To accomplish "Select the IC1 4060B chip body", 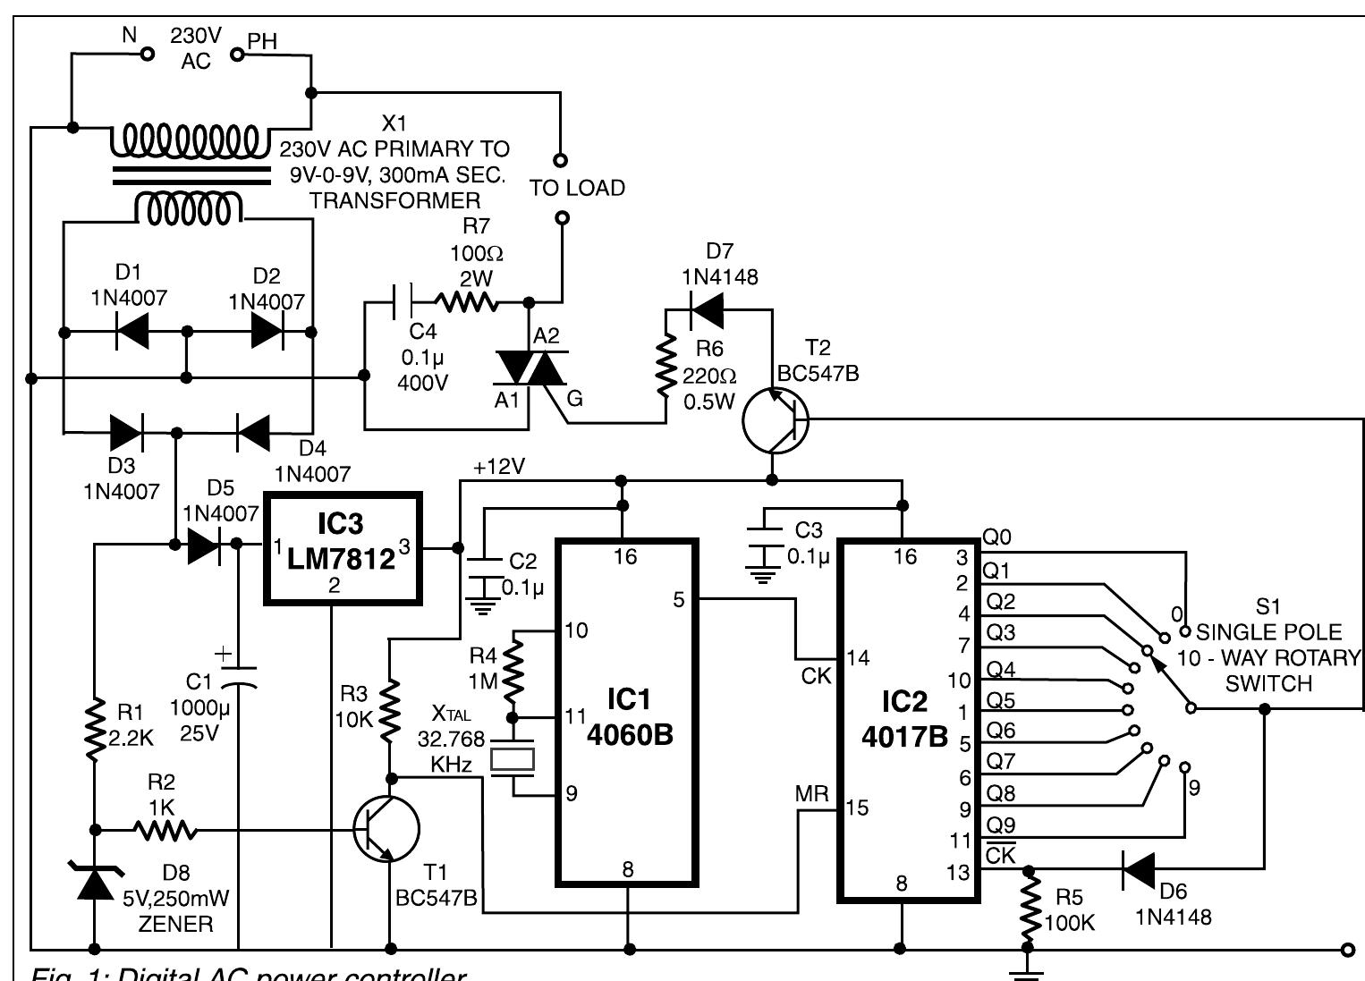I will pyautogui.click(x=627, y=712).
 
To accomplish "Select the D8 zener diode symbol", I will pyautogui.click(x=94, y=880).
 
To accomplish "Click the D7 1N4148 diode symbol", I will pyautogui.click(x=708, y=309).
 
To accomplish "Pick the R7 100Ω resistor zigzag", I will pyautogui.click(x=467, y=302).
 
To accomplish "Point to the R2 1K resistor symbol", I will pyautogui.click(x=165, y=831).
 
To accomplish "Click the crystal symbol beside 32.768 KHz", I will pyautogui.click(x=513, y=759).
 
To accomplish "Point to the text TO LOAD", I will pyautogui.click(x=577, y=189).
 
